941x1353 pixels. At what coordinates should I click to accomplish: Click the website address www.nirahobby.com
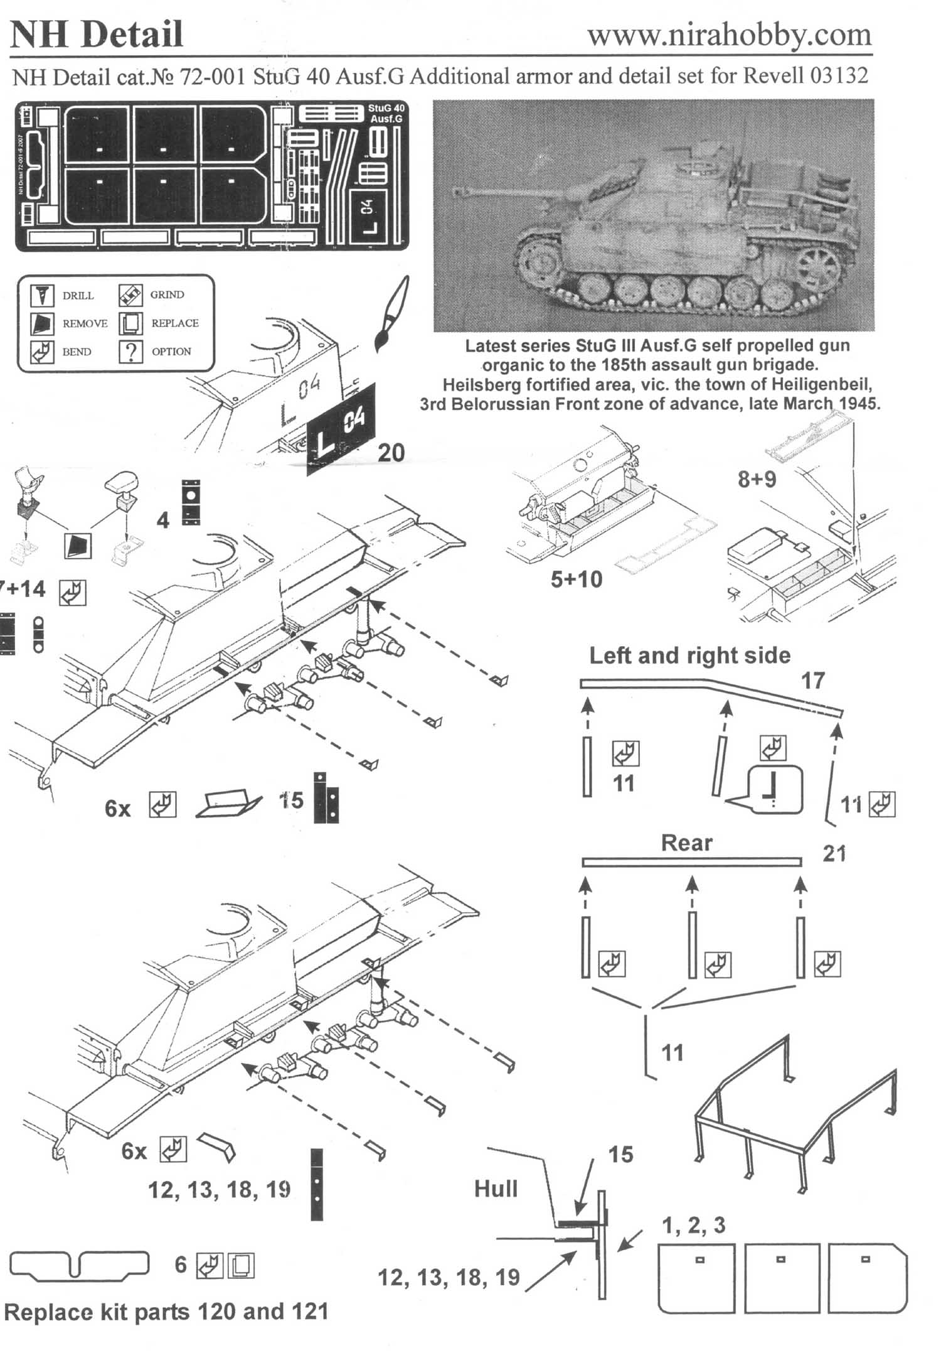coord(729,35)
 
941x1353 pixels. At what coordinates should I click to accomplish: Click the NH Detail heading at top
coord(97,35)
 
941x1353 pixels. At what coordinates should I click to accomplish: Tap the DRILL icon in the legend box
coord(42,295)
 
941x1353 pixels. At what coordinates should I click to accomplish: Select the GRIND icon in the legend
coord(130,294)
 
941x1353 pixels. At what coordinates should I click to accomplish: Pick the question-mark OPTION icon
coord(130,352)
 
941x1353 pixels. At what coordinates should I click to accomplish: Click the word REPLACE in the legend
coord(175,323)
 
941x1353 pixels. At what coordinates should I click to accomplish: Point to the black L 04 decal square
coord(341,428)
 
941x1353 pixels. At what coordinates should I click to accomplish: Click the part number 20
coord(390,453)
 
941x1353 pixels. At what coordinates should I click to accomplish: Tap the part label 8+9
coord(757,480)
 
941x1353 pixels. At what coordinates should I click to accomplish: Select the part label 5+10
coord(576,579)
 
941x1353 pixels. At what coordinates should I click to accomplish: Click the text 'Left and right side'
coord(689,655)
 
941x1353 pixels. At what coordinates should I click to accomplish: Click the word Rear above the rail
coord(686,843)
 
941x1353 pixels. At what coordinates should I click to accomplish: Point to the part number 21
coord(834,854)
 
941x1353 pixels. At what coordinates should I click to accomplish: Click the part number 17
coord(812,681)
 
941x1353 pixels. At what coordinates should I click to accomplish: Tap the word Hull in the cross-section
coord(496,1189)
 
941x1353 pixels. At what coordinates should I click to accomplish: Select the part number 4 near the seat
coord(162,520)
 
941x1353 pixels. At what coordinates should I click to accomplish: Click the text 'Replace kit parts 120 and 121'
coord(166,1312)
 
